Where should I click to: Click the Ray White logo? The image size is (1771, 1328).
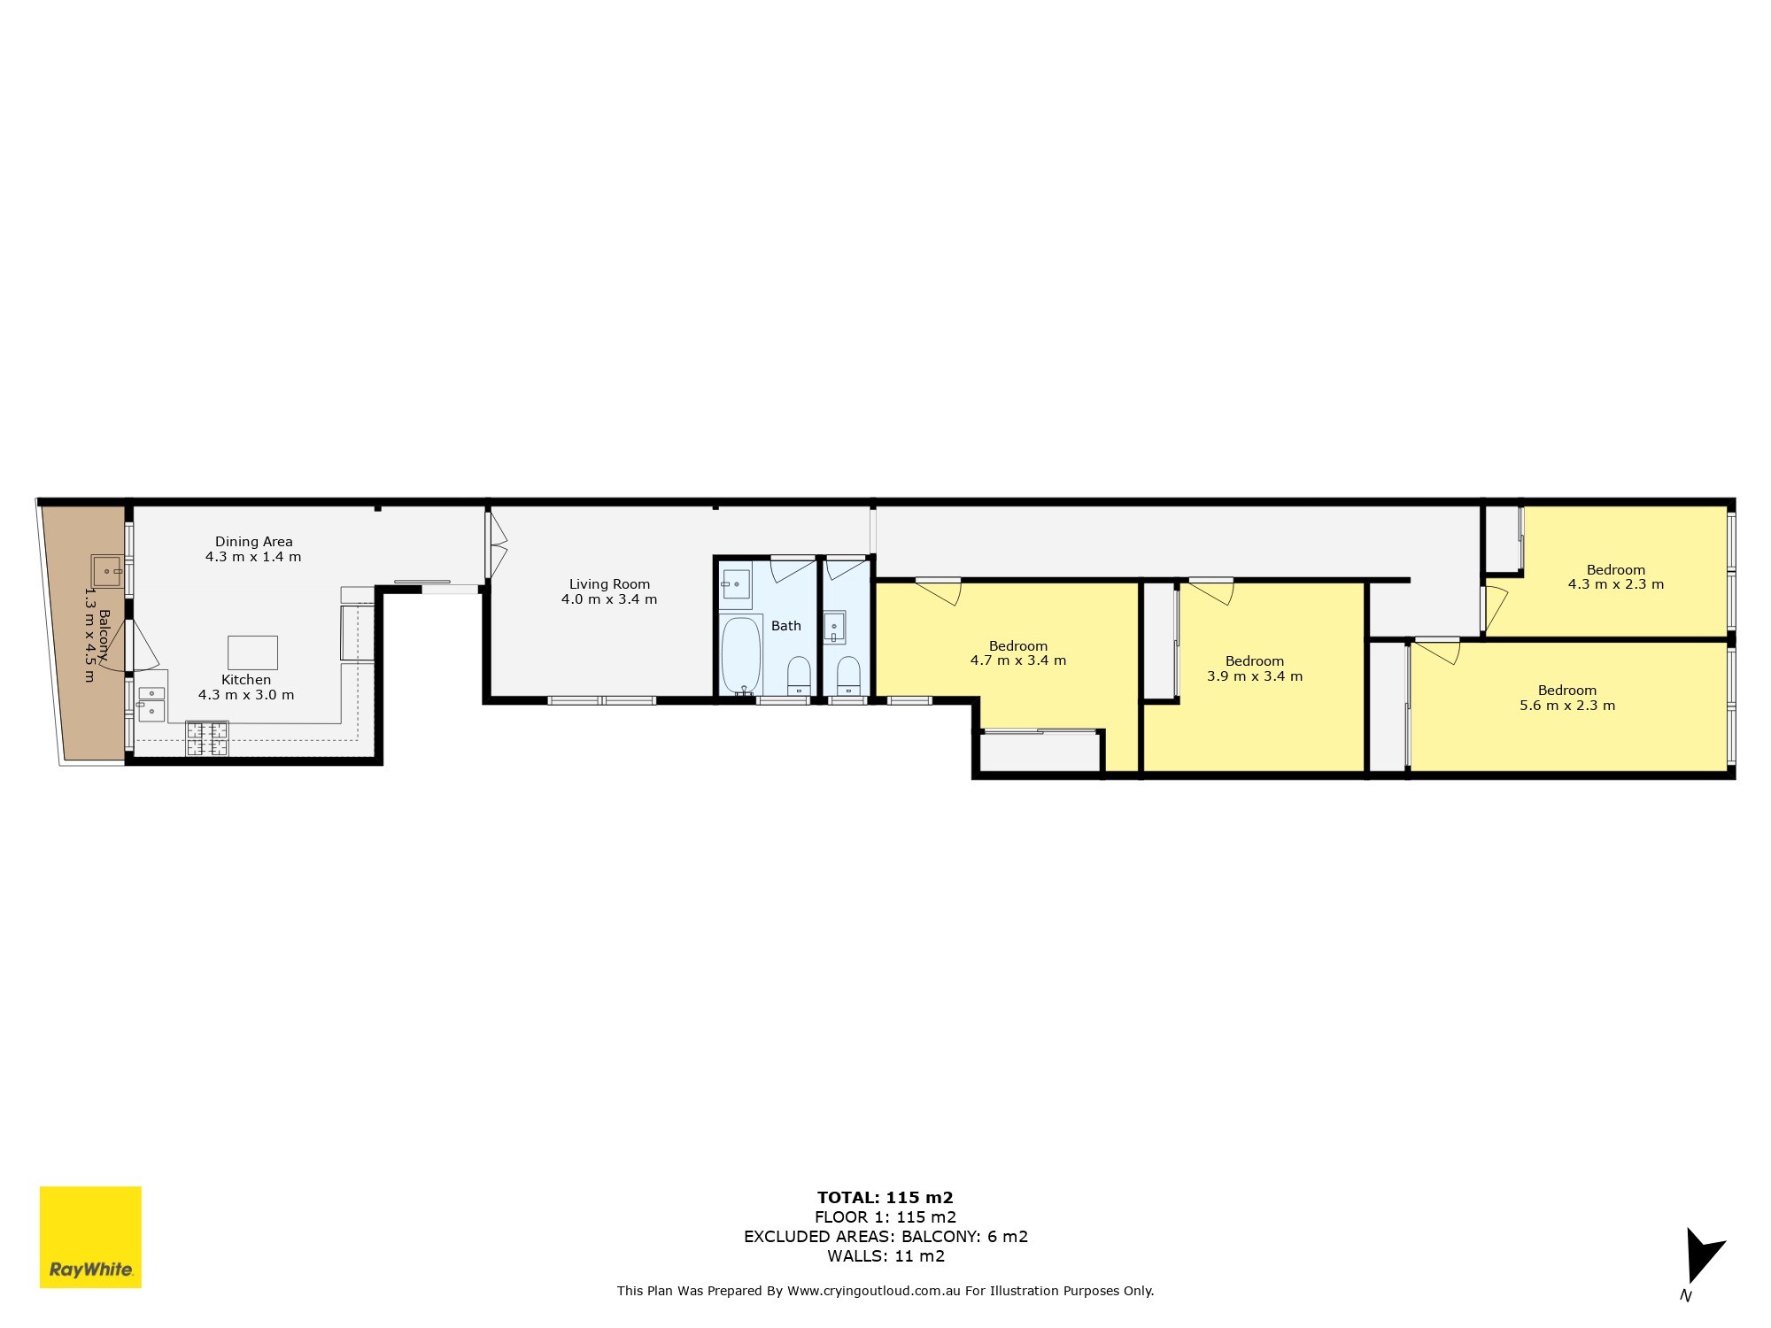click(x=90, y=1237)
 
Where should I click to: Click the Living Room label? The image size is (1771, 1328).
click(x=609, y=584)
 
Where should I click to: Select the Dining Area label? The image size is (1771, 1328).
click(x=254, y=542)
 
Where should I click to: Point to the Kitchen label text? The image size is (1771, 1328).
click(x=246, y=680)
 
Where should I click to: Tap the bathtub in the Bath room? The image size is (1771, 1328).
click(x=741, y=655)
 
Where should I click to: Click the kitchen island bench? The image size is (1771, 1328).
click(x=253, y=652)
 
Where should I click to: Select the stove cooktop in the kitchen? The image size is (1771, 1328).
click(x=207, y=739)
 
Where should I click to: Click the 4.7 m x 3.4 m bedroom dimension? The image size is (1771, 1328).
click(x=1018, y=660)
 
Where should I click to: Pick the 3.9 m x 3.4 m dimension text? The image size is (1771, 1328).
click(x=1255, y=676)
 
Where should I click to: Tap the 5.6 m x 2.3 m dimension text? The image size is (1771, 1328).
click(x=1567, y=706)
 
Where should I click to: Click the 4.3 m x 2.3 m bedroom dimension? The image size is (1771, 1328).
click(x=1616, y=584)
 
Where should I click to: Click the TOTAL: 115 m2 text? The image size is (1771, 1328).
click(x=885, y=1198)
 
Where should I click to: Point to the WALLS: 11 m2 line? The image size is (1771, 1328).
click(x=886, y=1256)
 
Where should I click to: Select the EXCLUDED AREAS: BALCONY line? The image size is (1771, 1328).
click(x=886, y=1237)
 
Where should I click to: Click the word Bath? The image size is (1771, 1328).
click(x=786, y=626)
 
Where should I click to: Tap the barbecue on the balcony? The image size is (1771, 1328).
click(x=107, y=571)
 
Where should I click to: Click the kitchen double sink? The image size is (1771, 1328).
click(x=151, y=703)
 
